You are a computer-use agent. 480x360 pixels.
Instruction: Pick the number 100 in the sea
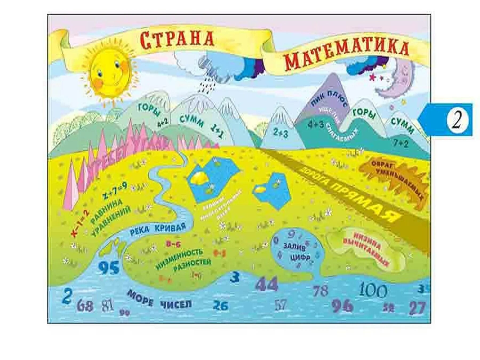tap(373, 290)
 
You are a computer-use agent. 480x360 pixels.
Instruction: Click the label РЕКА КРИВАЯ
tap(158, 229)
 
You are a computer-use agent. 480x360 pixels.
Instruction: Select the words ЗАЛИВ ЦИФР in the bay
tap(297, 252)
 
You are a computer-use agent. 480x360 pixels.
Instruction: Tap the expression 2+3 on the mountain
tap(281, 133)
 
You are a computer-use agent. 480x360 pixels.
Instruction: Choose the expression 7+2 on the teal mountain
tap(401, 144)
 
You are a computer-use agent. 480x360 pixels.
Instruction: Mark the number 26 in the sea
tap(221, 305)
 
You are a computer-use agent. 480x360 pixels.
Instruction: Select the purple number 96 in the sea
tap(342, 306)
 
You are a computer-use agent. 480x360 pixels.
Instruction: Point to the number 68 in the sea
tap(85, 306)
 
